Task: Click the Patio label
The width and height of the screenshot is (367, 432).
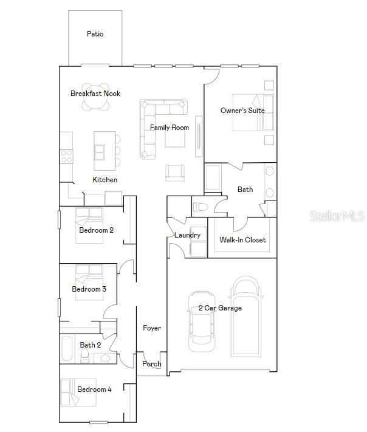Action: (95, 34)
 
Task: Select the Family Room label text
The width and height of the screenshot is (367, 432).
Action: (170, 128)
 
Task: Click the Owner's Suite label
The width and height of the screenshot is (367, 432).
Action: (242, 111)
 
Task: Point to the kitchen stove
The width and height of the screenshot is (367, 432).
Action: (66, 156)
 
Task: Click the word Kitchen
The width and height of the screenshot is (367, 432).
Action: (105, 180)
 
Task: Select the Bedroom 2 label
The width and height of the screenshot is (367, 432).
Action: (96, 230)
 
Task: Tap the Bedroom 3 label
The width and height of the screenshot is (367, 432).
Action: (89, 289)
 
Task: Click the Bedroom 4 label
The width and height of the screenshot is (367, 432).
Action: (94, 389)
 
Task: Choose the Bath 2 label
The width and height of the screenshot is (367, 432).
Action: (91, 345)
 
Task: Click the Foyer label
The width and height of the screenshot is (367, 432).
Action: (152, 328)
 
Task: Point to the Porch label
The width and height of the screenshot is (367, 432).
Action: (152, 364)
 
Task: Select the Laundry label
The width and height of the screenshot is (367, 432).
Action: (187, 235)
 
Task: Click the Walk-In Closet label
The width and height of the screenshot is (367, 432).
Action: (242, 240)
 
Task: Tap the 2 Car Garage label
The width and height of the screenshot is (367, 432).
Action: (220, 308)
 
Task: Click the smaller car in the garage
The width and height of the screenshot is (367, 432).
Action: (201, 323)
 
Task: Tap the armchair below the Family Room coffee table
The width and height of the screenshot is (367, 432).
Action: (174, 173)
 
